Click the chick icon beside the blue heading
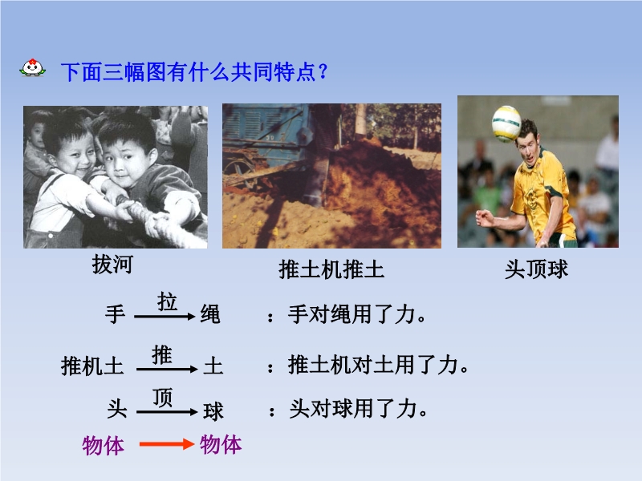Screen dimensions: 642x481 [32, 67]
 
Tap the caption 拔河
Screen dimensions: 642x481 [112, 265]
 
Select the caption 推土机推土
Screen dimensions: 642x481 [331, 269]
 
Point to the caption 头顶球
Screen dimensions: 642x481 [536, 269]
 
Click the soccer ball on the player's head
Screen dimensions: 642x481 [506, 123]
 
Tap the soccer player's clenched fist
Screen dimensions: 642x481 [485, 218]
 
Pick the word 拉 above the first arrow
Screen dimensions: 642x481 [167, 302]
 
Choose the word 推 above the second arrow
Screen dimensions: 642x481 [162, 354]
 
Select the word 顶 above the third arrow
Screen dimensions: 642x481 [163, 398]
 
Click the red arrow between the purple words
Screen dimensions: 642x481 [167, 444]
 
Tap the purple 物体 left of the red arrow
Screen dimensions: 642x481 [104, 446]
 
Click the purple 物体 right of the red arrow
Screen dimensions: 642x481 [221, 445]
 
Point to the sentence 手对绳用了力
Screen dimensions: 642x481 [356, 314]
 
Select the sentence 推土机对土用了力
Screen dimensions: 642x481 [378, 365]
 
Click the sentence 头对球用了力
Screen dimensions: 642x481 [358, 409]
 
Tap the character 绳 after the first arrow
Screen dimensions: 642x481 [210, 314]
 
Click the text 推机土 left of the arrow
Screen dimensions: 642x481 [92, 366]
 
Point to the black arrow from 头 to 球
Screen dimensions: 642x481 [167, 412]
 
